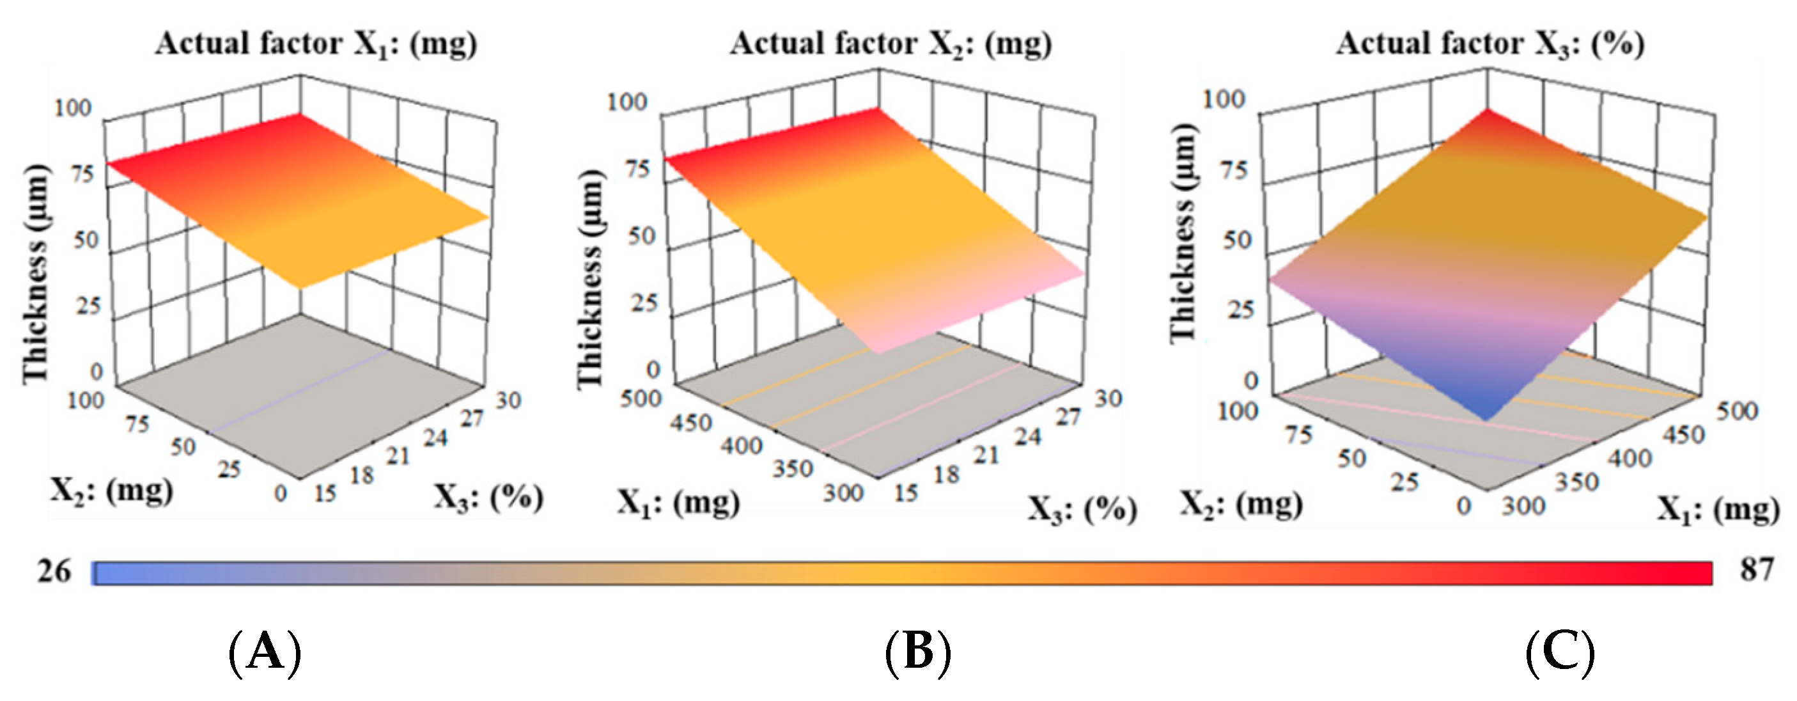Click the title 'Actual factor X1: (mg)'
point(316,44)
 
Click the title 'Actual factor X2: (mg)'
point(891,44)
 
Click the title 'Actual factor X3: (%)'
point(1490,44)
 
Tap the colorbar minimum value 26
point(54,572)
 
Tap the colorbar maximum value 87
point(1756,571)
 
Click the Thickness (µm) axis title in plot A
point(35,274)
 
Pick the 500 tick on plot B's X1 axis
point(640,399)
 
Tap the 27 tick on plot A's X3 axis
point(472,419)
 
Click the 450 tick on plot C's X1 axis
point(1683,436)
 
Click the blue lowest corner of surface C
point(1486,417)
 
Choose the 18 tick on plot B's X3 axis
point(947,475)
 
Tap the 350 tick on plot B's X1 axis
point(792,468)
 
